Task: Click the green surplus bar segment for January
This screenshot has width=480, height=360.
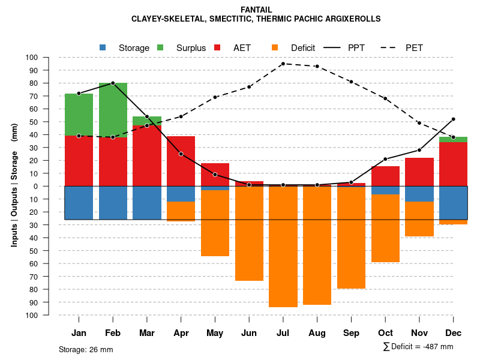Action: coord(79,115)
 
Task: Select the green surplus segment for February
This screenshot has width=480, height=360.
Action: coord(113,110)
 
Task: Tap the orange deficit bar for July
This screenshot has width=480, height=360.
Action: coord(283,246)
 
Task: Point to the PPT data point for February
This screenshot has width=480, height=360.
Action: coord(113,83)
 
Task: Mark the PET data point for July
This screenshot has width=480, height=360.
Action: coord(283,64)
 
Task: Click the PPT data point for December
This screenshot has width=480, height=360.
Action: coord(454,119)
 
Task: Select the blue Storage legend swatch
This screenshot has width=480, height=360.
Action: coord(103,47)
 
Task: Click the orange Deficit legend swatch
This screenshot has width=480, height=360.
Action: coord(275,47)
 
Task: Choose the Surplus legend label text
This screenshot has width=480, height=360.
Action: coord(191,48)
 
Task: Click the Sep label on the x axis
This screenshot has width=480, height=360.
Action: coord(351,333)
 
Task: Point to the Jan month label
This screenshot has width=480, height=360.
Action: coord(79,333)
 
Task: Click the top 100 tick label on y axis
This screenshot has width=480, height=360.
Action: coord(32,58)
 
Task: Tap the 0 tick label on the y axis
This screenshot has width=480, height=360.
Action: coord(36,186)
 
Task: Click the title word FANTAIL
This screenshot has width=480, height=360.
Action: coord(256,10)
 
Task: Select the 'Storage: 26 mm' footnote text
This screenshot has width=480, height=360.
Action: coord(86,349)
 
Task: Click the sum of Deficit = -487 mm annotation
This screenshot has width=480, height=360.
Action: coord(418,346)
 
